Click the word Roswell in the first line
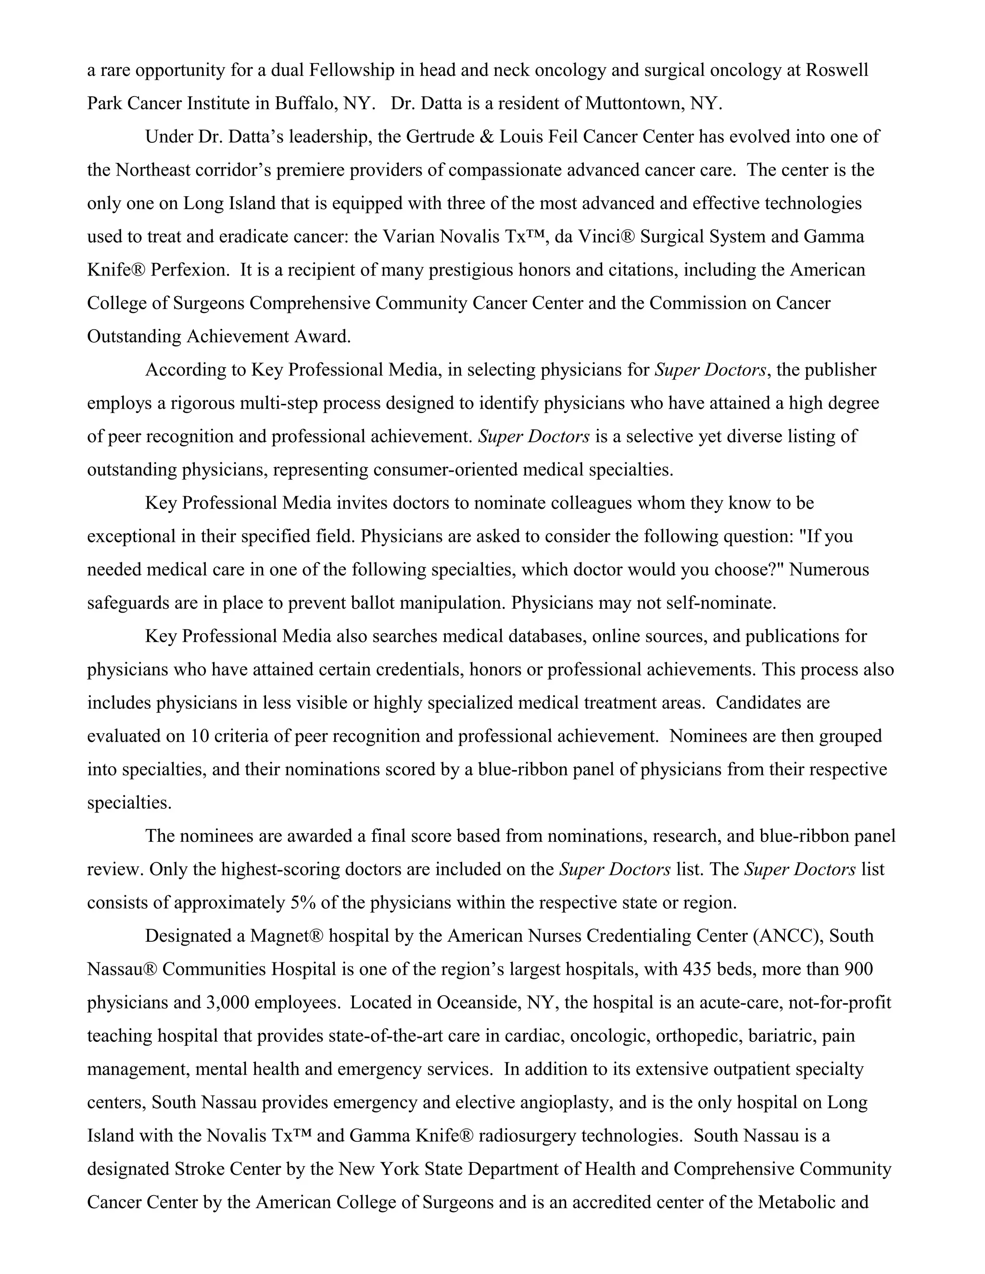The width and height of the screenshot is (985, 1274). tap(837, 70)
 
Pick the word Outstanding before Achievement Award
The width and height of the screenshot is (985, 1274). tap(134, 336)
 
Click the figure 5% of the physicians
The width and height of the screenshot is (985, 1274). tap(303, 902)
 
